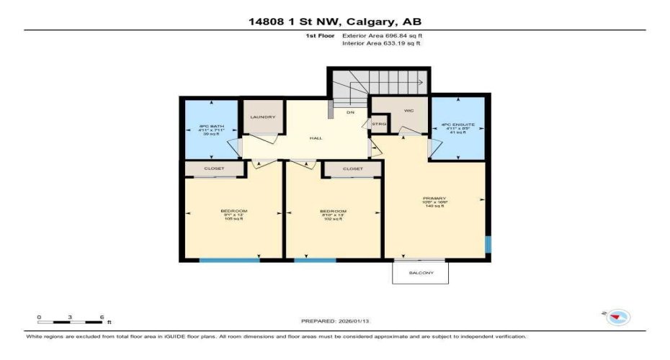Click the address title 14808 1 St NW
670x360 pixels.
coord(334,21)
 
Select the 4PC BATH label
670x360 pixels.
coord(212,126)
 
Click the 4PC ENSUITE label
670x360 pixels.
coord(457,127)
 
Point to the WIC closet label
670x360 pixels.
coord(407,110)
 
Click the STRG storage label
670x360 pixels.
coord(379,124)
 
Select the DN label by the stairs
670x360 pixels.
coord(351,113)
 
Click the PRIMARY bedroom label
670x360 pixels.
coord(434,199)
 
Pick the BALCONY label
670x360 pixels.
coord(420,273)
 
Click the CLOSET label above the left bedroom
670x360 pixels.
coord(214,168)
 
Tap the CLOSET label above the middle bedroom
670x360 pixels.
coord(352,168)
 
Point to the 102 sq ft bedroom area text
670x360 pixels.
coord(332,219)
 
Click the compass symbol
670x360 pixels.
coord(618,317)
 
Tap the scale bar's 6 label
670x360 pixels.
coord(102,317)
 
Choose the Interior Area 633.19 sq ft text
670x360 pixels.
coord(380,44)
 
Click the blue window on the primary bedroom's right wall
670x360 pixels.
coord(488,245)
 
